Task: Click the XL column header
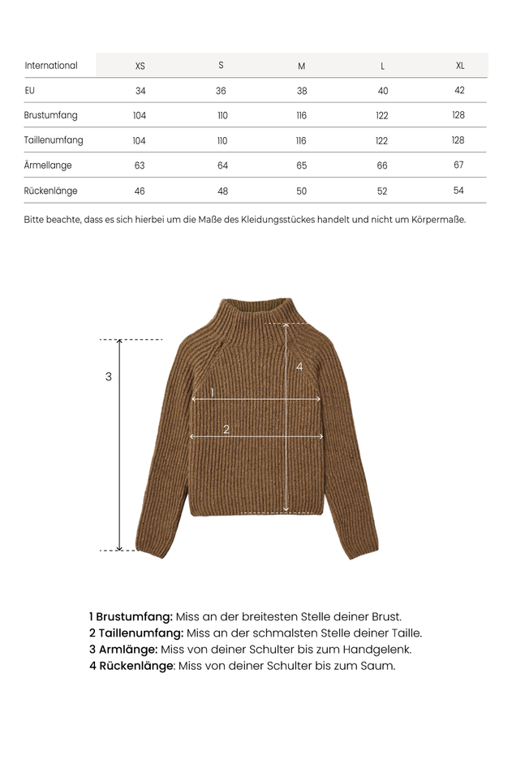(460, 66)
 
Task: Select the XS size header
(140, 66)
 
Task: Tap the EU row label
(30, 90)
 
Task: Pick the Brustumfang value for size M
(302, 116)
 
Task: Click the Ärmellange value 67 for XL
(458, 165)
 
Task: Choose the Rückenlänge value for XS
(140, 191)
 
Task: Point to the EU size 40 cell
(382, 91)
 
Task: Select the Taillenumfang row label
(54, 140)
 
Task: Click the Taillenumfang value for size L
(381, 141)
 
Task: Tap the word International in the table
(51, 66)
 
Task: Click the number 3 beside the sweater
(109, 377)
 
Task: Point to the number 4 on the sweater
(299, 367)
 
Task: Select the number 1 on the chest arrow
(213, 393)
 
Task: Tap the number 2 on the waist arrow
(226, 430)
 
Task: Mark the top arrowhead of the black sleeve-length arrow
(120, 341)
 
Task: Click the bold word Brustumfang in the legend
(134, 617)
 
